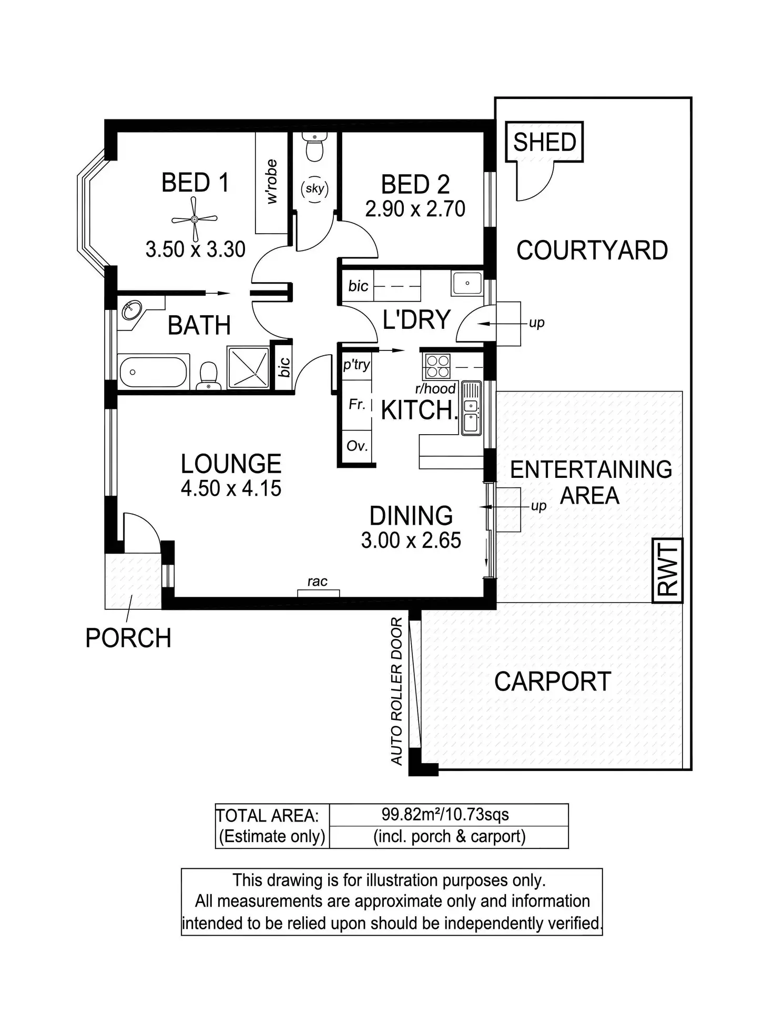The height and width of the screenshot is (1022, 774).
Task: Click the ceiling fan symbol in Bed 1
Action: pos(195,218)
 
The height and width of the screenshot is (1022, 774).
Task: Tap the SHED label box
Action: pos(544,142)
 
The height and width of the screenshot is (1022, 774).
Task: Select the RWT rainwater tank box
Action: pos(667,570)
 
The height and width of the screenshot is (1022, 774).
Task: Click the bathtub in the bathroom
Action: pos(154,372)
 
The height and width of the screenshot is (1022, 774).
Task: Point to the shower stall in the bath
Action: pos(248,367)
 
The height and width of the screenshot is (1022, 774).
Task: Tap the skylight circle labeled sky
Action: pos(314,188)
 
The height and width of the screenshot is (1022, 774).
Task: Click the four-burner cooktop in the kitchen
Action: pos(437,366)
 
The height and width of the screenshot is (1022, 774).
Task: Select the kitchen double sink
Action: pos(471,408)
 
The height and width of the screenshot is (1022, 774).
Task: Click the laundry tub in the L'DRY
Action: pos(467,283)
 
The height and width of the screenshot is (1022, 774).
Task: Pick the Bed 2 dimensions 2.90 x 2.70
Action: pos(415,209)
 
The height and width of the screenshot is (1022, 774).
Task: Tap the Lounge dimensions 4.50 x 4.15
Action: pos(231,488)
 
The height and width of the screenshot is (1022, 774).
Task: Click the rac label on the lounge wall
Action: pos(318,582)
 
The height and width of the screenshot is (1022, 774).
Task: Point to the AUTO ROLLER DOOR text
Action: pos(396,691)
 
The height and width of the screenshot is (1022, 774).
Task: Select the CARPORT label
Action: pos(552,682)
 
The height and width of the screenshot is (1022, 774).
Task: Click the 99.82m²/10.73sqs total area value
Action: pos(445,815)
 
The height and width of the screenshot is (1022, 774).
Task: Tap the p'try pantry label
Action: pos(357,364)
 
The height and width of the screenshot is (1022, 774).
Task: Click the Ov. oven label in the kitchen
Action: pos(357,446)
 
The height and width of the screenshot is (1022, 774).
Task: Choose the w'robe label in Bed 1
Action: pos(271,182)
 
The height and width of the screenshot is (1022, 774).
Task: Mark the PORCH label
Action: pos(128,638)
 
